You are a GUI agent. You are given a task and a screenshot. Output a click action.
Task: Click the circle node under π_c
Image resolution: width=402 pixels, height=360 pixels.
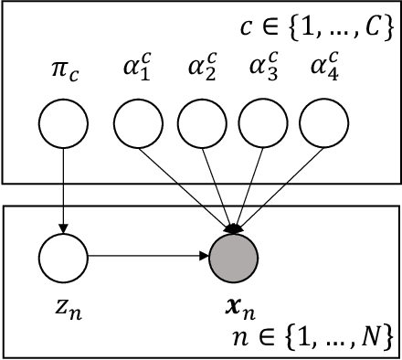(x=64, y=124)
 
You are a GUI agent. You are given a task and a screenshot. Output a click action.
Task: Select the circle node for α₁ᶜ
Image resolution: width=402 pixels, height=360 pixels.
(x=138, y=124)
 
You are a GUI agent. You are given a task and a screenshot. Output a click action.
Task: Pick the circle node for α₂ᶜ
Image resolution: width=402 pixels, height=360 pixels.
(x=201, y=124)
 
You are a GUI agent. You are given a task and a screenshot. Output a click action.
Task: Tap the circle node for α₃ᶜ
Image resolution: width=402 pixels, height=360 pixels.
(x=263, y=124)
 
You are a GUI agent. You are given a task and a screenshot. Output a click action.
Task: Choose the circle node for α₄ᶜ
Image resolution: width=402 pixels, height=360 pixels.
(x=324, y=124)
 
